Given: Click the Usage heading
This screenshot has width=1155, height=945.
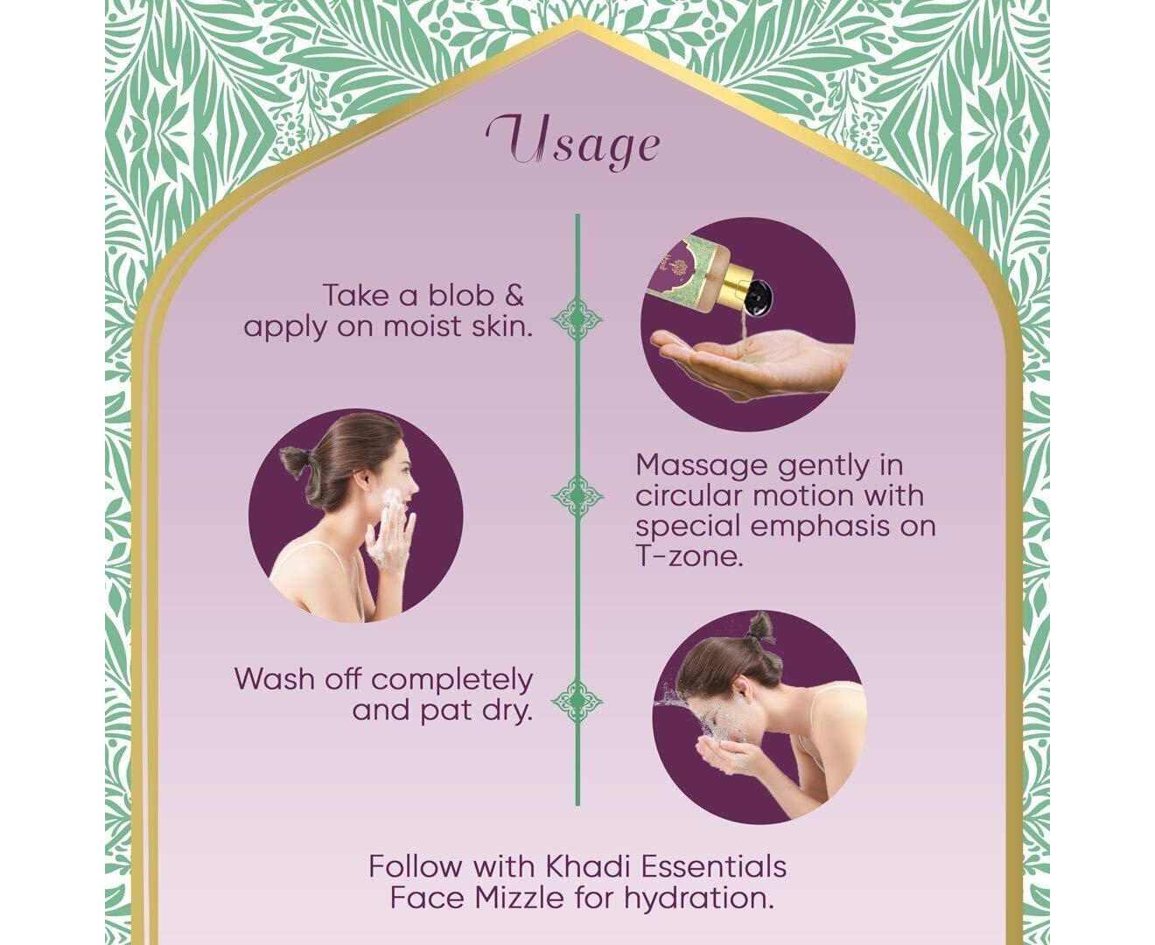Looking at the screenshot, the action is tap(573, 142).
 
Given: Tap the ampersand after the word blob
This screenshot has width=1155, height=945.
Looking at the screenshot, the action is tap(514, 295).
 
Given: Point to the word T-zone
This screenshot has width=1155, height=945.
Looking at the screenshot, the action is tap(689, 557).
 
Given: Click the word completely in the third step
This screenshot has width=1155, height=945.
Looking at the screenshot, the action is tap(451, 681).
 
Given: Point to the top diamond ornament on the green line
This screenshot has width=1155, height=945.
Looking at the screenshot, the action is tap(577, 318).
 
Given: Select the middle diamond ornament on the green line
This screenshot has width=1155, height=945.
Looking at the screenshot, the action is tap(577, 496).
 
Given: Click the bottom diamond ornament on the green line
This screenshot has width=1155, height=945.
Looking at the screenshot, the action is tap(577, 701).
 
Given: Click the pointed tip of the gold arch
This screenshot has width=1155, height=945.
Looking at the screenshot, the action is tap(577, 18).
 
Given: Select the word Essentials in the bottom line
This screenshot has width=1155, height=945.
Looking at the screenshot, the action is tap(714, 866).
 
